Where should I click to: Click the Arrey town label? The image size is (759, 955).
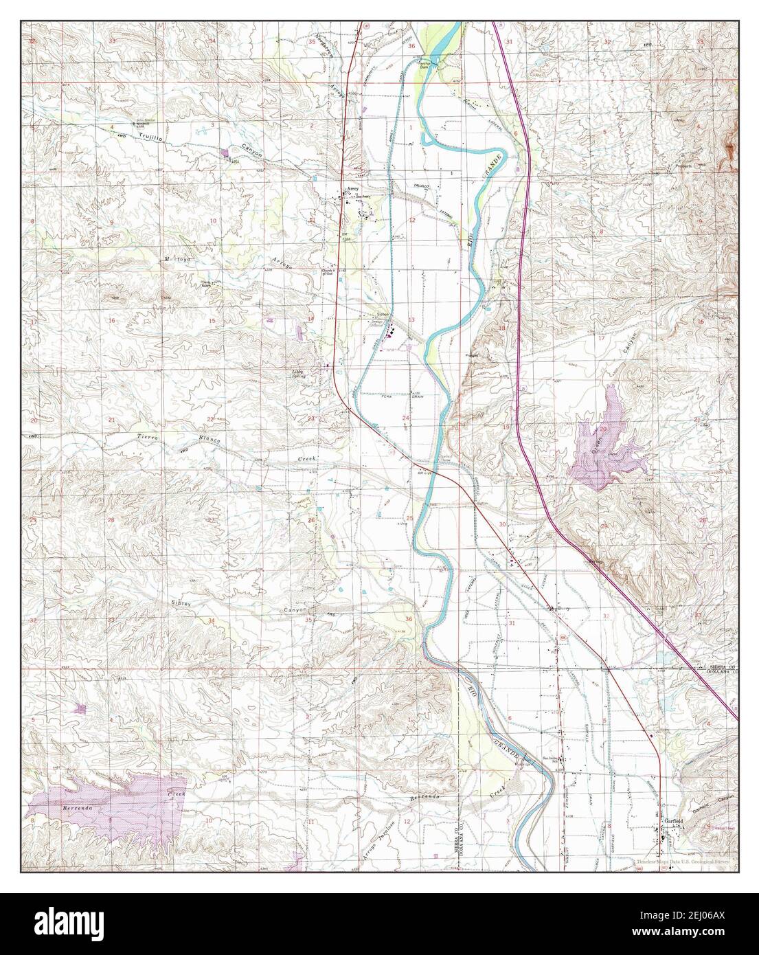[352, 187]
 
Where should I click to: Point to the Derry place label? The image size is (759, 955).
[565, 608]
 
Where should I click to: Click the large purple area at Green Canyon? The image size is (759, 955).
[604, 443]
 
